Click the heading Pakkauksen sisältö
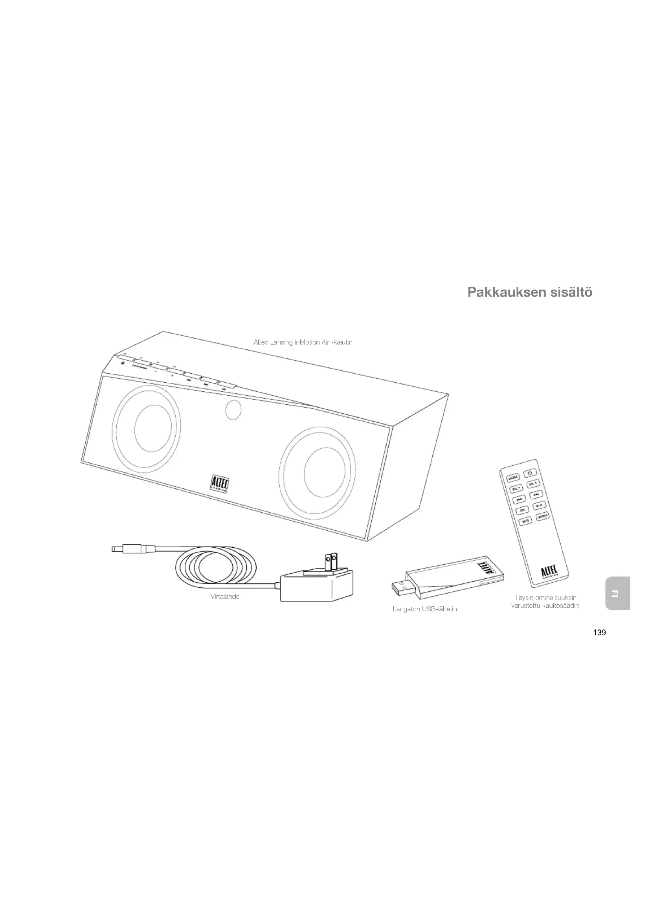point(529,292)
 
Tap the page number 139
point(599,633)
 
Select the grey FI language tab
point(618,593)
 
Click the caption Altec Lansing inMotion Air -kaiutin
point(303,342)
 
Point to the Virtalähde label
point(225,596)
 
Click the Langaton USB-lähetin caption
point(424,609)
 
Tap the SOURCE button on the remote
point(513,477)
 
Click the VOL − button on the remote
point(516,489)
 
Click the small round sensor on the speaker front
point(233,410)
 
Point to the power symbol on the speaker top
point(123,363)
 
